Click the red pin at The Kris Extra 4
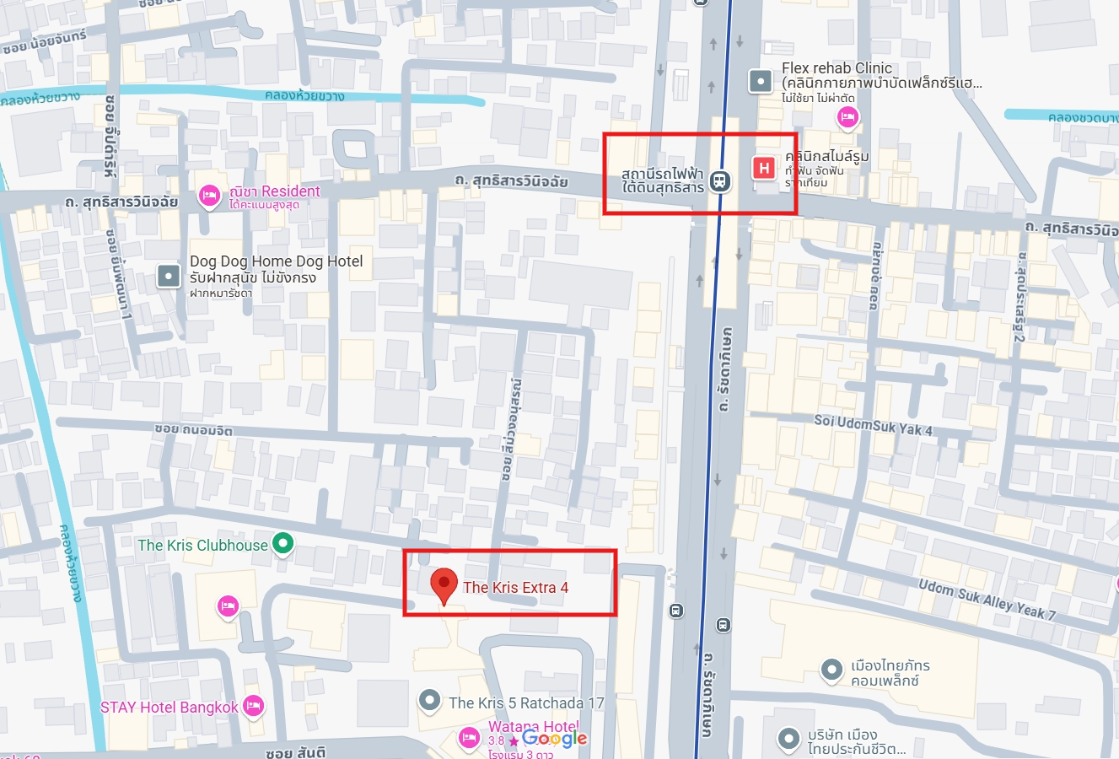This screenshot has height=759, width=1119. tap(444, 584)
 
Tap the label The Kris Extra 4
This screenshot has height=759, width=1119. tap(515, 588)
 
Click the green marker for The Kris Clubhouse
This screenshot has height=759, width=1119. tap(283, 544)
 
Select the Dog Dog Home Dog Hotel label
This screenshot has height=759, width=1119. tap(276, 261)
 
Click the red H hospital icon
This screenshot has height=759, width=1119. tap(764, 168)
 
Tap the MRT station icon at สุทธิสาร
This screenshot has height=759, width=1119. tap(719, 180)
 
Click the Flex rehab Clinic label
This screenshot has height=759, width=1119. tap(837, 68)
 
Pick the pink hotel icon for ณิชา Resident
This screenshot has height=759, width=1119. tap(209, 196)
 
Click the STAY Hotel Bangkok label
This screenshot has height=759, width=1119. tap(169, 708)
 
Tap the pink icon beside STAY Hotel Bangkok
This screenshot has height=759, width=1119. tap(253, 706)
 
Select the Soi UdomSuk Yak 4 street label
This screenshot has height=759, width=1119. tap(873, 424)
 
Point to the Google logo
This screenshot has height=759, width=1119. tap(554, 739)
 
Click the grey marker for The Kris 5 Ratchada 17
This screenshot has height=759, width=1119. tap(430, 700)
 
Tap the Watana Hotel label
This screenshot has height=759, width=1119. tap(533, 726)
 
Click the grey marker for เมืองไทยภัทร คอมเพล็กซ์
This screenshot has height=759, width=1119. tap(831, 670)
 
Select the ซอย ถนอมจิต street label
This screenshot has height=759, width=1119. tap(193, 429)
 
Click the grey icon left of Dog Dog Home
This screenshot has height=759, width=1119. tap(169, 275)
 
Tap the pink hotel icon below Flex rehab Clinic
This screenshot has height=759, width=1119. tap(847, 117)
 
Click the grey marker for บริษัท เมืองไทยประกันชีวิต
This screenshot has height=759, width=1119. tap(788, 739)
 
